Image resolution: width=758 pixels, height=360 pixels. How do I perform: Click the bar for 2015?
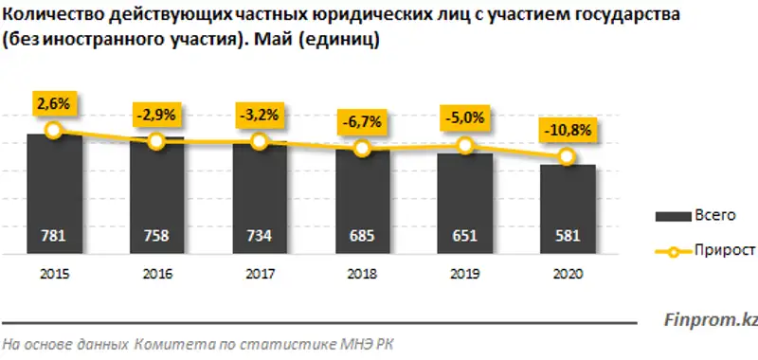tap(53, 194)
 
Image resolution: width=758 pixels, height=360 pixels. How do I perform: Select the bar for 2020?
tap(567, 209)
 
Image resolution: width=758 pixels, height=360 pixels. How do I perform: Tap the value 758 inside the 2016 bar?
tap(156, 237)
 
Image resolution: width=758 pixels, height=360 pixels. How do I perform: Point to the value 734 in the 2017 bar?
tap(259, 237)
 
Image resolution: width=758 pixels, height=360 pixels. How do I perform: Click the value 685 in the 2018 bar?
tap(361, 237)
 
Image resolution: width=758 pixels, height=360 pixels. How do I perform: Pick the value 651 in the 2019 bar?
tap(464, 237)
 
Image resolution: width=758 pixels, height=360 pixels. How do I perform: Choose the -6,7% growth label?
tap(361, 121)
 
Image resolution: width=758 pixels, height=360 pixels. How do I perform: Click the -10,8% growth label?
tap(567, 129)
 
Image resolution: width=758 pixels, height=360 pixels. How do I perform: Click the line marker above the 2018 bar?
tap(361, 149)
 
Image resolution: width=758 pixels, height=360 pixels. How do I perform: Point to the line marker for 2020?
tap(567, 157)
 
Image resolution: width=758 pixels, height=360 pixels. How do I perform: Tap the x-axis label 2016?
tap(156, 274)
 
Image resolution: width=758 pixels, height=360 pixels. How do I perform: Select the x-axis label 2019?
tap(464, 274)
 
